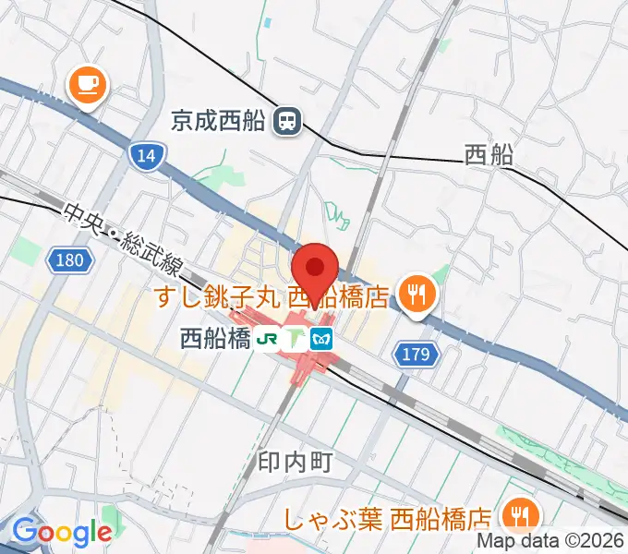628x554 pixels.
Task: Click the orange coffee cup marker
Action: [88, 86]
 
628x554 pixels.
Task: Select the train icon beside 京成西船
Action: [289, 120]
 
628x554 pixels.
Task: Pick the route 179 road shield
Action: [417, 352]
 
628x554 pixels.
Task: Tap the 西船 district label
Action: [489, 155]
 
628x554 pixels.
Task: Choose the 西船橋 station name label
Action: [215, 339]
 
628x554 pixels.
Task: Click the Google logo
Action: [62, 532]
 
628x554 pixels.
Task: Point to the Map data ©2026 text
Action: [550, 542]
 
